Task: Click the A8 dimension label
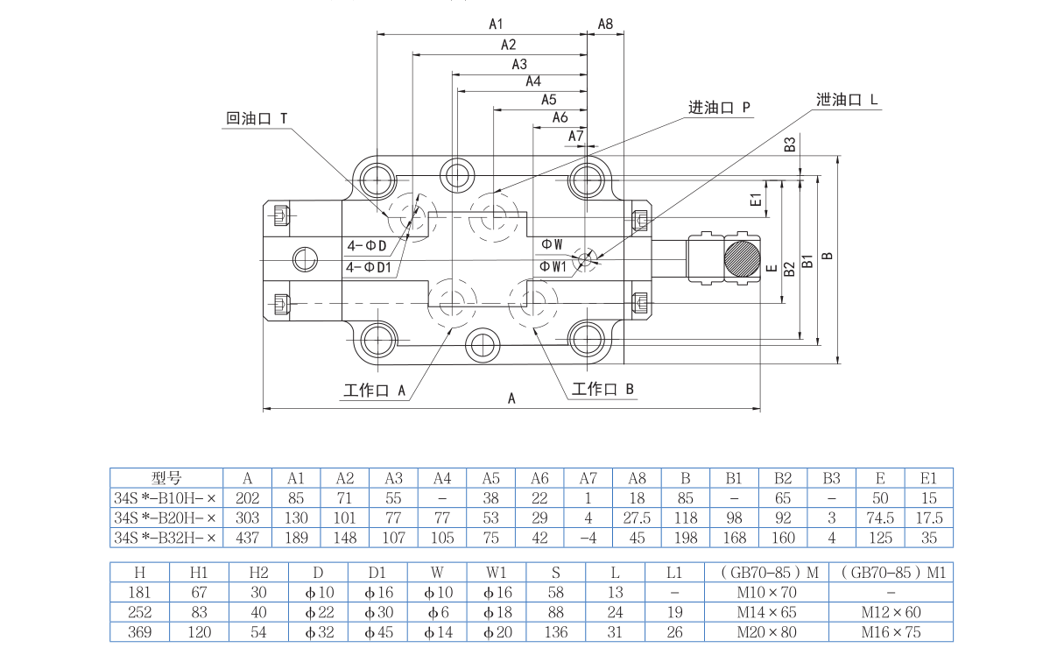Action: (x=605, y=24)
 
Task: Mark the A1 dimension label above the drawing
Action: (x=496, y=24)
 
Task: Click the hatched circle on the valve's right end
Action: (x=743, y=259)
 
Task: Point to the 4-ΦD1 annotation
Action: (x=368, y=267)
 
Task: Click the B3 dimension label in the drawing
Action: (x=789, y=144)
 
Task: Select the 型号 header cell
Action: (x=166, y=478)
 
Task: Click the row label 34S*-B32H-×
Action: (x=165, y=538)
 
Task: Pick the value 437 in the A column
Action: (x=248, y=538)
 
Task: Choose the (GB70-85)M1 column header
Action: (x=891, y=573)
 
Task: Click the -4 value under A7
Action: (x=588, y=538)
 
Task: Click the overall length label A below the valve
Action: (x=512, y=398)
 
